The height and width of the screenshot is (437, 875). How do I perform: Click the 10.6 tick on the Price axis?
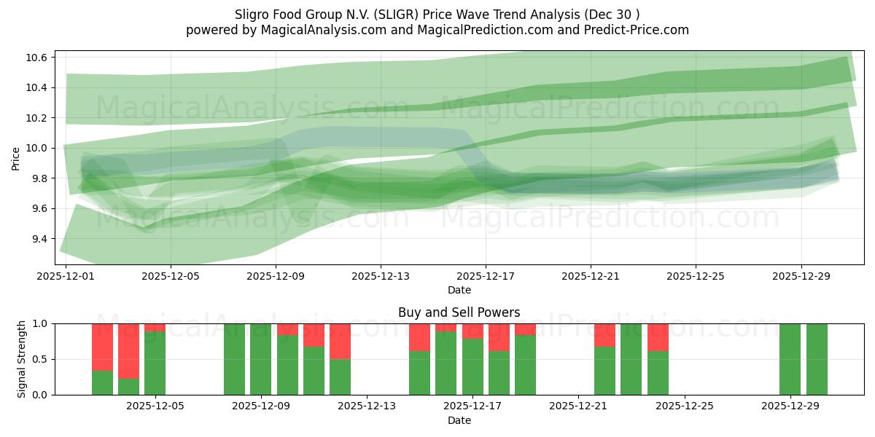pyautogui.click(x=37, y=58)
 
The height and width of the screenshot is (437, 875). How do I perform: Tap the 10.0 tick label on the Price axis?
pyautogui.click(x=37, y=148)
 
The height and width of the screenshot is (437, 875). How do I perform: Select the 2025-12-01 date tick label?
pyautogui.click(x=66, y=277)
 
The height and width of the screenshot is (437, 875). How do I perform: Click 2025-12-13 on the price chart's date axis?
pyautogui.click(x=381, y=277)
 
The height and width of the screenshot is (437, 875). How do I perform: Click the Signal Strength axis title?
pyautogui.click(x=21, y=359)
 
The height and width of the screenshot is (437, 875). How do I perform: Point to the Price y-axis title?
pyautogui.click(x=15, y=158)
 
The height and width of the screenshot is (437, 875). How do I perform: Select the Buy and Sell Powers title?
pyautogui.click(x=459, y=312)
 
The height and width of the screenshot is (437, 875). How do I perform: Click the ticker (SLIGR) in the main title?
pyautogui.click(x=397, y=15)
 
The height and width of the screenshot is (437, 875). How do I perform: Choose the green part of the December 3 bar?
pyautogui.click(x=102, y=382)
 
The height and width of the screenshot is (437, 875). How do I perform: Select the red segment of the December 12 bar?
pyautogui.click(x=340, y=341)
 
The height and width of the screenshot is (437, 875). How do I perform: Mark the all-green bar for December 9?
pyautogui.click(x=261, y=359)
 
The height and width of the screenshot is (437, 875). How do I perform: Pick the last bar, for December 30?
pyautogui.click(x=817, y=359)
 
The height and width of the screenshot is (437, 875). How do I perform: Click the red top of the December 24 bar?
pyautogui.click(x=658, y=337)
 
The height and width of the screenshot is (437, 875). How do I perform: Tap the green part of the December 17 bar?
pyautogui.click(x=472, y=366)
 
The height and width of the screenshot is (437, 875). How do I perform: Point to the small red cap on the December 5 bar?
pyautogui.click(x=155, y=327)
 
